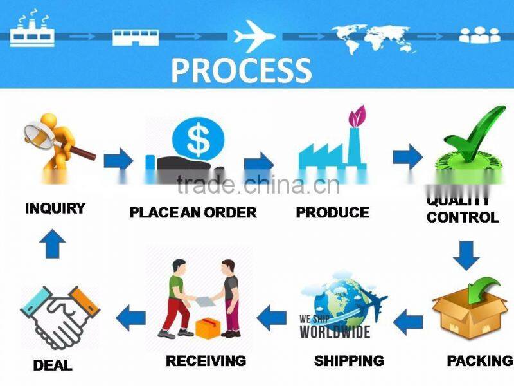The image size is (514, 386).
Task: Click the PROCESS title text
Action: (240, 70)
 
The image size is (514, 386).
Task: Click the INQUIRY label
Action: (55, 208)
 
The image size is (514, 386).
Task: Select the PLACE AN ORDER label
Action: (193, 212)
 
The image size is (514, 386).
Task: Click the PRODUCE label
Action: (332, 212)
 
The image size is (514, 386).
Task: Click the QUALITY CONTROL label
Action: (462, 211)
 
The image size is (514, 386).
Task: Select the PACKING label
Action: (479, 361)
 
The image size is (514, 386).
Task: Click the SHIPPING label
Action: (349, 361)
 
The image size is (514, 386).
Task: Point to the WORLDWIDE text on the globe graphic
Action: (335, 331)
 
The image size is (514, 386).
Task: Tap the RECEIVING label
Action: (206, 361)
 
